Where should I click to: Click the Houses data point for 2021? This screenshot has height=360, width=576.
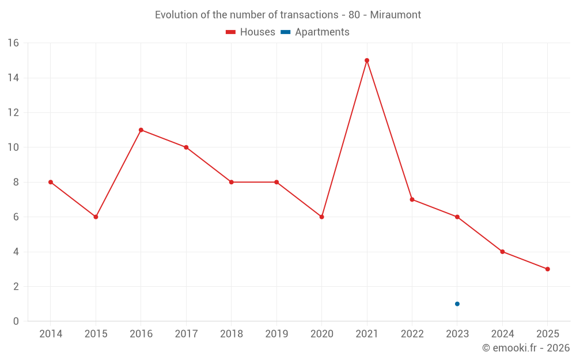(367, 60)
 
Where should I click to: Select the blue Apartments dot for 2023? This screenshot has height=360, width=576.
(457, 304)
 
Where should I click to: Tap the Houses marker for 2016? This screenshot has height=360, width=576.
(141, 130)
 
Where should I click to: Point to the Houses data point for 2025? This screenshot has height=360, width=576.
(547, 269)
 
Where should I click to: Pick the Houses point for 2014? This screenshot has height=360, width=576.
(51, 182)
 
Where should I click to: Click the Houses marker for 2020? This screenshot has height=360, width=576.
(322, 217)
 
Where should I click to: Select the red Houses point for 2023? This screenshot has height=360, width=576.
(457, 217)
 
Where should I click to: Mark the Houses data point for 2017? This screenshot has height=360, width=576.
(186, 147)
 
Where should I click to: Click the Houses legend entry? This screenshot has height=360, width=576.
(251, 32)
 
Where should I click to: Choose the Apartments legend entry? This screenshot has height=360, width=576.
(315, 32)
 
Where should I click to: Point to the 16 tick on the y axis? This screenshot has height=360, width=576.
(13, 43)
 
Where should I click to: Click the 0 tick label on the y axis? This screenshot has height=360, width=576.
(16, 321)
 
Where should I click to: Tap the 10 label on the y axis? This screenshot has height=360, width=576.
(13, 147)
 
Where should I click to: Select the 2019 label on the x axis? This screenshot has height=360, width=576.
(276, 334)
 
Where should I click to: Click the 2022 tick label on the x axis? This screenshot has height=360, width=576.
(412, 334)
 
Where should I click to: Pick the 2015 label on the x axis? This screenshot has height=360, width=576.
(96, 334)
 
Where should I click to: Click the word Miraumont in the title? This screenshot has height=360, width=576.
(396, 14)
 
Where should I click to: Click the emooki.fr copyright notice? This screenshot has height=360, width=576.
(525, 348)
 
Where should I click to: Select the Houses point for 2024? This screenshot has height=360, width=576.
(502, 252)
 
